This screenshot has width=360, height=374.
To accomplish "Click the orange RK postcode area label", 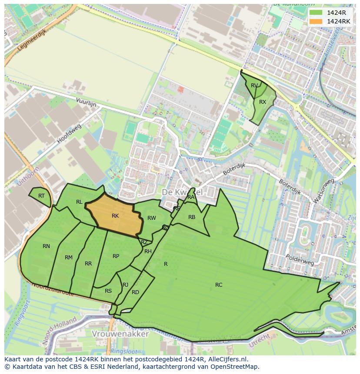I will tap(115, 216).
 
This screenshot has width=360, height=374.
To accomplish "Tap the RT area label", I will tap(41, 196).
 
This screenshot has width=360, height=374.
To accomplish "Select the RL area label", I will tap(79, 202).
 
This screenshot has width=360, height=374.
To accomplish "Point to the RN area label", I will tap(46, 246).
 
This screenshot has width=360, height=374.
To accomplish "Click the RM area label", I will tap(69, 258).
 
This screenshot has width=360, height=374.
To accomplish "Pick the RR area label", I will tap(88, 264).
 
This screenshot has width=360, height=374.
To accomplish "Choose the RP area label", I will tap(116, 256).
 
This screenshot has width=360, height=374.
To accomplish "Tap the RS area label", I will tap(108, 291).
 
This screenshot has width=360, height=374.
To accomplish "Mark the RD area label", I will tap(135, 292).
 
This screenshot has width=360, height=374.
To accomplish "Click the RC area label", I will tap(219, 285).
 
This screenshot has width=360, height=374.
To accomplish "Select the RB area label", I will tap(192, 217).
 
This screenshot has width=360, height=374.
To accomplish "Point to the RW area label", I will tap(151, 218).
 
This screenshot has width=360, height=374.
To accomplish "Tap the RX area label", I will tap(263, 102).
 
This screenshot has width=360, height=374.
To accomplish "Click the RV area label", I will tap(254, 86).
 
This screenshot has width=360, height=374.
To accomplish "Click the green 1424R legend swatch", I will tap(316, 13).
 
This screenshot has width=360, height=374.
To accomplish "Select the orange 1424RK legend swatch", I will tap(316, 21).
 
